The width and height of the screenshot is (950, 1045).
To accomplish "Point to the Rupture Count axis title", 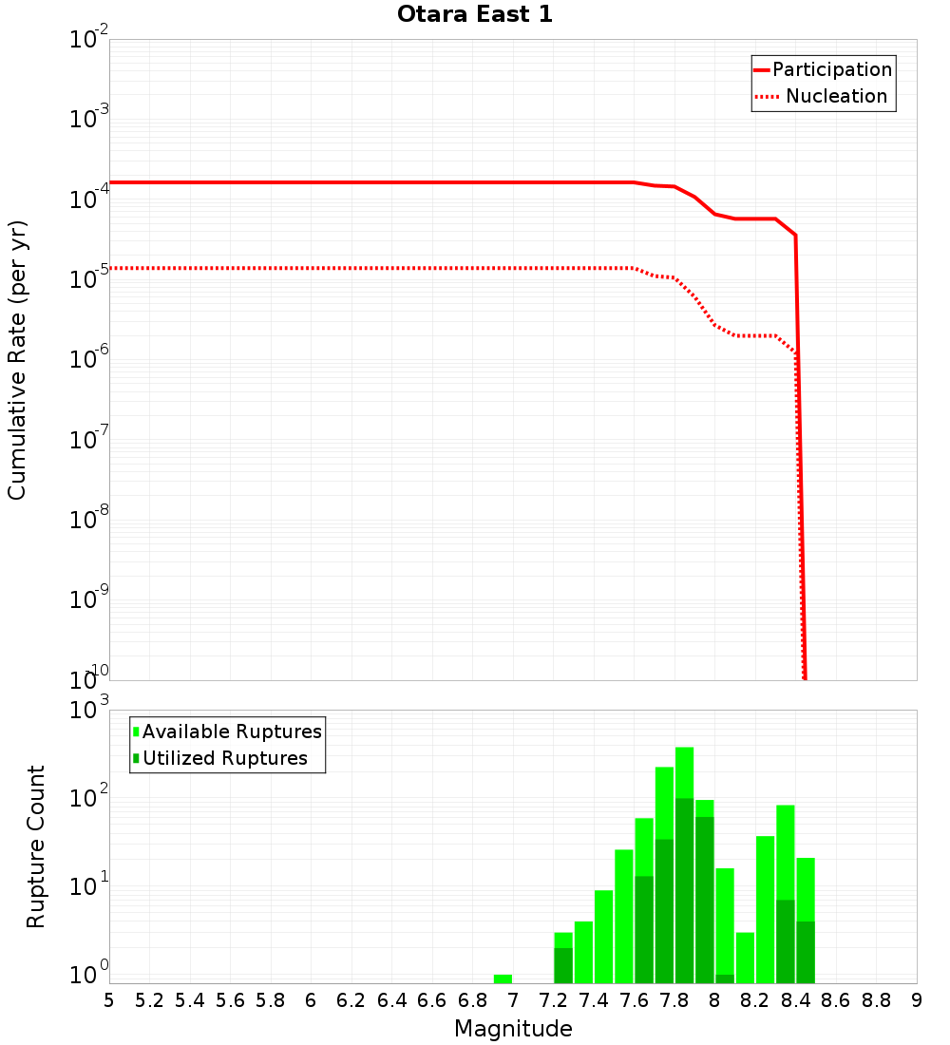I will (x=36, y=846).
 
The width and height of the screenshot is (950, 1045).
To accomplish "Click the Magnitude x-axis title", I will (x=513, y=1029).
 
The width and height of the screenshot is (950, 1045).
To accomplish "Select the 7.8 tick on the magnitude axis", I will (x=675, y=1000).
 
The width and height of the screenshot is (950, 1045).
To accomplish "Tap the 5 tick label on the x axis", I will (x=109, y=1000).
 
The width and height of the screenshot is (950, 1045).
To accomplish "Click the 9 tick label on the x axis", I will (x=916, y=1000).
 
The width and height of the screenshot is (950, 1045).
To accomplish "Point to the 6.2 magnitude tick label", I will (x=351, y=1000).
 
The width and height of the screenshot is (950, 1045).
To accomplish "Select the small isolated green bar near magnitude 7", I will (x=503, y=978).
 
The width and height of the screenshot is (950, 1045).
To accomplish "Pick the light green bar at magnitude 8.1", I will (x=745, y=958).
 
